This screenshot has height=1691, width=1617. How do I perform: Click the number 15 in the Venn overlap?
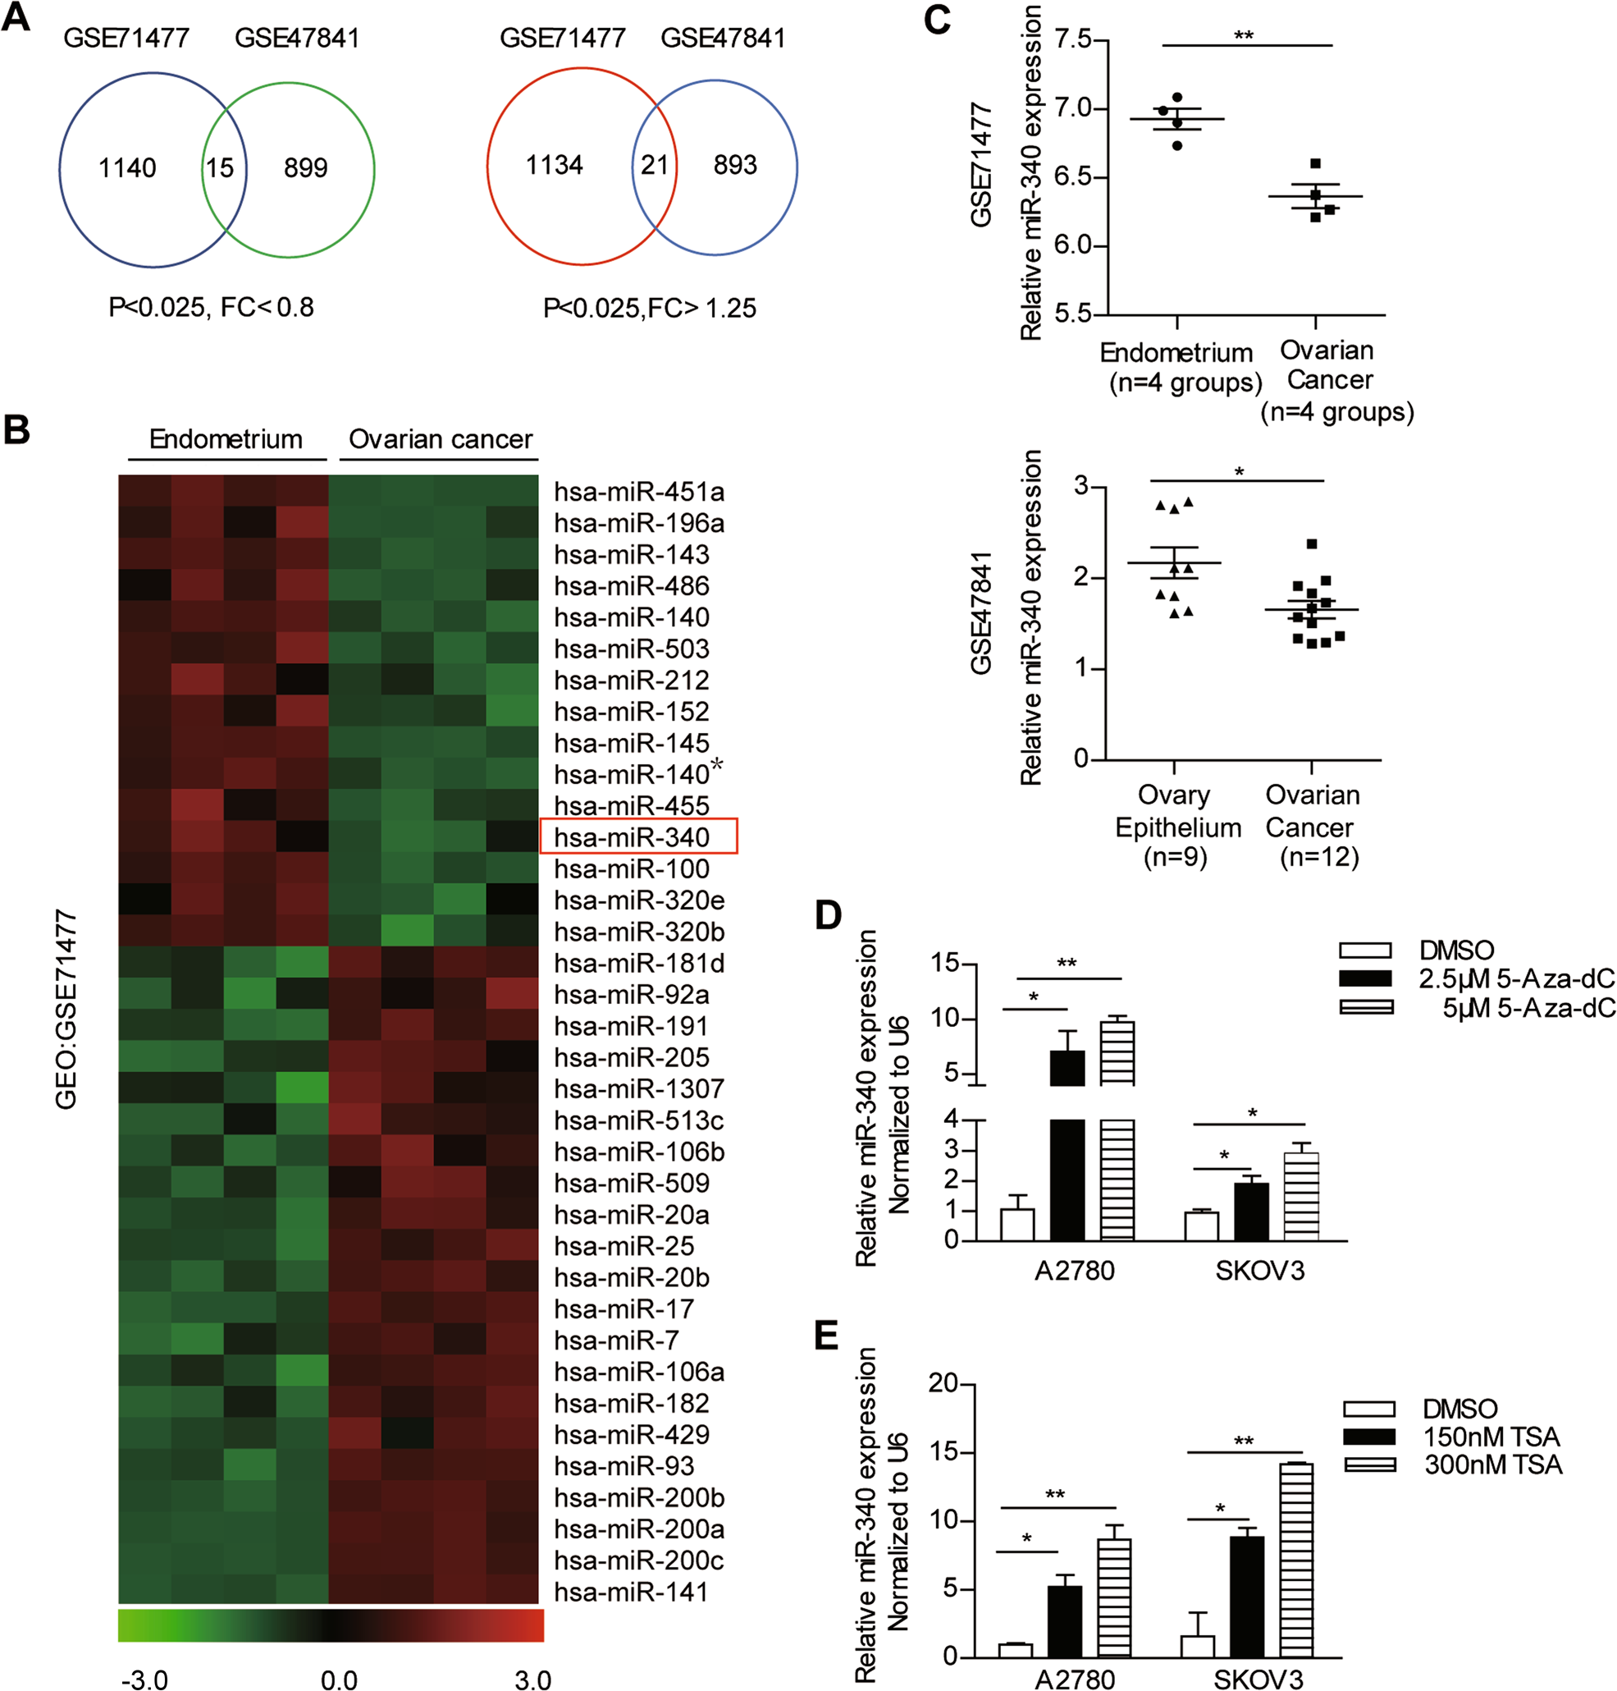point(219,167)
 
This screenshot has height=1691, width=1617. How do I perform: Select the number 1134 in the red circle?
point(555,165)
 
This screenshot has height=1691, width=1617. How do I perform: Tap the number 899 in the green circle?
point(306,167)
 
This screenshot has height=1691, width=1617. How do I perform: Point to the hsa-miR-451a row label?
point(639,492)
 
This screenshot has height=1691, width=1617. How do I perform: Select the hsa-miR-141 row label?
point(631,1592)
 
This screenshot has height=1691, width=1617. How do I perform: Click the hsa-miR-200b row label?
point(639,1497)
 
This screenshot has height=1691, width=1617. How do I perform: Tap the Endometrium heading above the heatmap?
point(226,439)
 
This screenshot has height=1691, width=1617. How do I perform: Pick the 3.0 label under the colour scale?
point(532,1680)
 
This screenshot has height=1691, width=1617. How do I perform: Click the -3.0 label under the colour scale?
point(145,1680)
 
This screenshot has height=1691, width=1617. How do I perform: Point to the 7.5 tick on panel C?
point(1072,39)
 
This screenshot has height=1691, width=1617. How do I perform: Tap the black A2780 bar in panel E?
point(1065,1620)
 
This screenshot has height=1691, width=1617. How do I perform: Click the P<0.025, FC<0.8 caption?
point(211,307)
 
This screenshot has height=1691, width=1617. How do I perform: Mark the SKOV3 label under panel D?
point(1259,1270)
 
